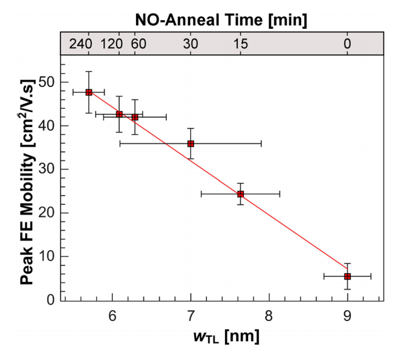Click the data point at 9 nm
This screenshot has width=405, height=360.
point(347,276)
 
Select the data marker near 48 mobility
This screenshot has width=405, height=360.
point(89,92)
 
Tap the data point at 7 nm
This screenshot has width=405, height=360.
point(191,143)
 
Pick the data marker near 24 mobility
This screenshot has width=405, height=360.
point(240,194)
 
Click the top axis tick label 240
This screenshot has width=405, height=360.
point(81,44)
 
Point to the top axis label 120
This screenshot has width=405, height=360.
point(111,44)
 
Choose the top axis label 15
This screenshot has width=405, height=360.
point(240,44)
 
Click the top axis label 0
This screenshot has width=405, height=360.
point(347,44)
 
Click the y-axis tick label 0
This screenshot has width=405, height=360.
point(50,300)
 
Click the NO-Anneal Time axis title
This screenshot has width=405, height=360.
point(221,20)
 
